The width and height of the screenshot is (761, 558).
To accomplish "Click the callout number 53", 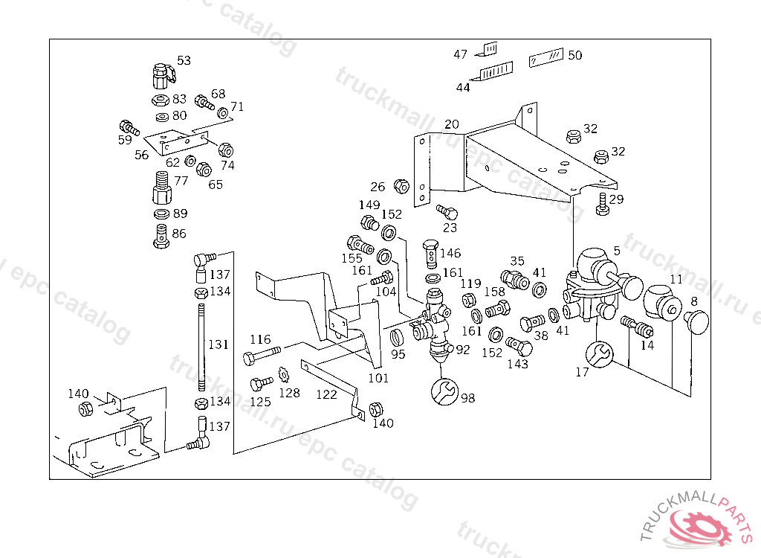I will point(184,60).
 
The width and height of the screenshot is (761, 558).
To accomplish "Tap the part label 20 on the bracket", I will point(452,124).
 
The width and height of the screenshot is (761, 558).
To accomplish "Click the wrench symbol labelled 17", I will point(600,353).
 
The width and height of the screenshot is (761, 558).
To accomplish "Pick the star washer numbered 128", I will point(283,375).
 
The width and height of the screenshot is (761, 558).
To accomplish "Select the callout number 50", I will point(575,55).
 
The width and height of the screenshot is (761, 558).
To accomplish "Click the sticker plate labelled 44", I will point(497,72).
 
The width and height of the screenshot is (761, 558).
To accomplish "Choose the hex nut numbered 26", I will point(400,186).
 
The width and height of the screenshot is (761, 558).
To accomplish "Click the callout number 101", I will point(378,378).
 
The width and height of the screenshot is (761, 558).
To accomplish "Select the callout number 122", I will point(326,394).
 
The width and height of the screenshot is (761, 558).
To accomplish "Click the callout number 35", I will point(517,261).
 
